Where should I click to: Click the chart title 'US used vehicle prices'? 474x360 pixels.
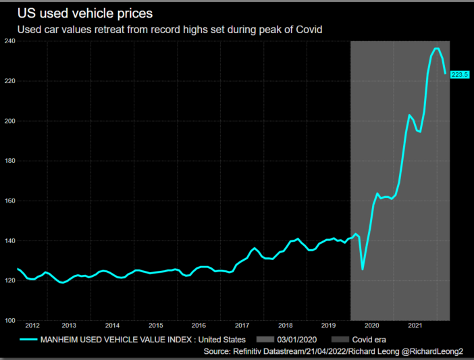click(x=84, y=14)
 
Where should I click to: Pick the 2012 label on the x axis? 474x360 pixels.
click(x=32, y=326)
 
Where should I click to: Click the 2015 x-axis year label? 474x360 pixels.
click(x=155, y=326)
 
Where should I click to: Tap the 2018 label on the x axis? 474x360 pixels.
click(x=285, y=326)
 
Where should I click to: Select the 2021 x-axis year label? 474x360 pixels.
click(x=415, y=326)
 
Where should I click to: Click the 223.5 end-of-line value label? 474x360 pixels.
click(x=460, y=74)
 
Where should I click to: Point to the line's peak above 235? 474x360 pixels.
click(x=436, y=49)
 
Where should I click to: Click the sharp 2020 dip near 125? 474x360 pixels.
click(x=363, y=269)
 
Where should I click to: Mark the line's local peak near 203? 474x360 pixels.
click(x=410, y=115)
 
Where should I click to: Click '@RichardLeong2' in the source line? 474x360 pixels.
click(x=435, y=351)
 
